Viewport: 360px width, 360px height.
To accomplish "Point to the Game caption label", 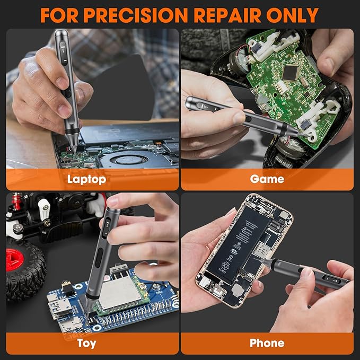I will (267, 179).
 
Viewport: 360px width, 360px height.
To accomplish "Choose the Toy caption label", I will (86, 344).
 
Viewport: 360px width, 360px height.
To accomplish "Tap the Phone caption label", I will (267, 344).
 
